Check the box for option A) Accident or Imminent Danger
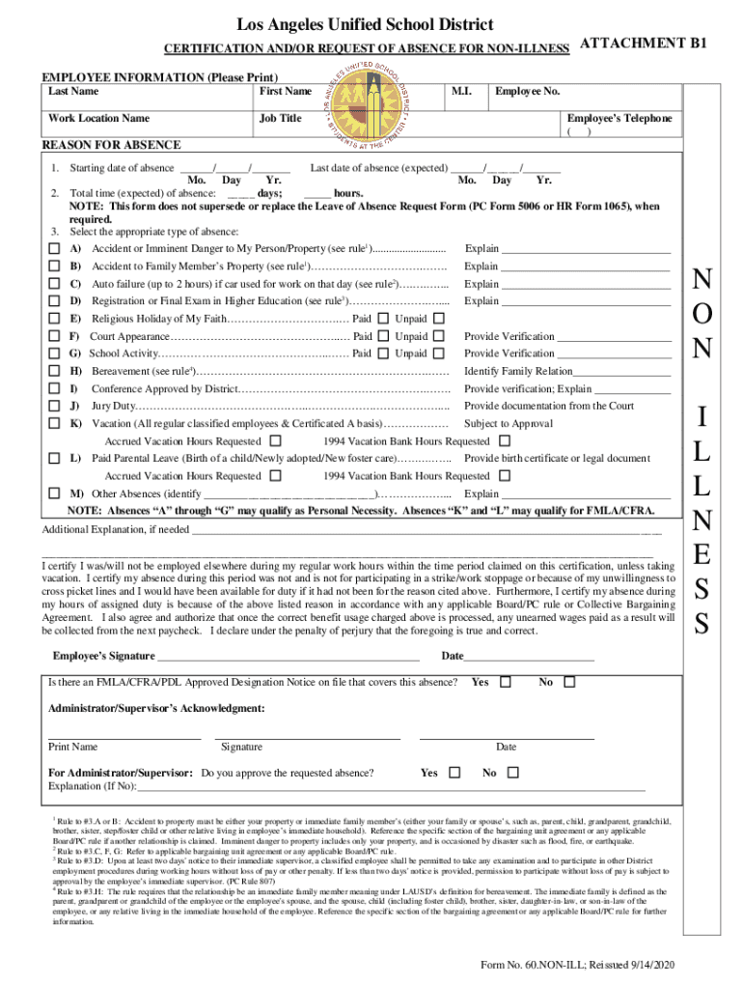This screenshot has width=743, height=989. (x=54, y=249)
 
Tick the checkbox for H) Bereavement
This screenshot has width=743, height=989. (x=54, y=371)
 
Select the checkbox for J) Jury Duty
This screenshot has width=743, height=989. (x=54, y=407)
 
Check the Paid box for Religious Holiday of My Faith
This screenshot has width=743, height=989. (x=383, y=319)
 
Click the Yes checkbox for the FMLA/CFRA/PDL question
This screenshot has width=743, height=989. (x=505, y=683)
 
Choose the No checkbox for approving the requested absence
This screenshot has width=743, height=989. (x=512, y=773)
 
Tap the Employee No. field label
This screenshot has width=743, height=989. (x=527, y=91)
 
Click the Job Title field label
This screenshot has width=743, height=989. (x=280, y=119)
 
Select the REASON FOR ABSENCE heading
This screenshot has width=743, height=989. (x=111, y=145)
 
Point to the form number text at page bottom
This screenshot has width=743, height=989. (x=575, y=967)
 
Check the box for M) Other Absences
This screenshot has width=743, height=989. (x=54, y=493)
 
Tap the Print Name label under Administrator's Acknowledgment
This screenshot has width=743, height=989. (x=73, y=747)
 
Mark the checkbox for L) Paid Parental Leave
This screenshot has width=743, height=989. (x=54, y=457)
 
